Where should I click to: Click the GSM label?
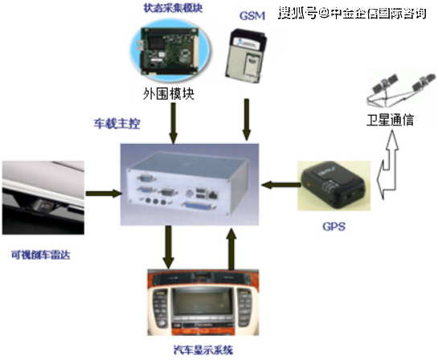tap(252, 15)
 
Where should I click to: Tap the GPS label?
tap(334, 227)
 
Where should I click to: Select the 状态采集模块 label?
tap(173, 8)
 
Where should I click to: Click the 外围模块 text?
tap(169, 93)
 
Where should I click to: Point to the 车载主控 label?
tap(117, 124)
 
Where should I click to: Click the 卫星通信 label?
tap(390, 120)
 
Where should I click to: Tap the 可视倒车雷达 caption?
tap(41, 255)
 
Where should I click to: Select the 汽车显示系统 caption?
tap(203, 350)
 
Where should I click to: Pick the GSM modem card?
tap(246, 55)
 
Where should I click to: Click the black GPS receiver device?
tap(333, 185)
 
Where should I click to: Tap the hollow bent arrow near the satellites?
tap(388, 166)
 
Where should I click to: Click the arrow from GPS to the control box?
tap(280, 185)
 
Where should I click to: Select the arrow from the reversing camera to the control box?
tap(104, 194)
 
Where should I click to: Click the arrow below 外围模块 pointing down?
tap(173, 123)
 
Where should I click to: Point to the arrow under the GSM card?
tap(247, 120)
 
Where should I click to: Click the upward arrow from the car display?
tap(231, 249)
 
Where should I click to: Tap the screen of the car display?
tap(202, 302)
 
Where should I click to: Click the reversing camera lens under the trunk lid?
tap(46, 207)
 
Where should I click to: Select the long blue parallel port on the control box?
tap(199, 205)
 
